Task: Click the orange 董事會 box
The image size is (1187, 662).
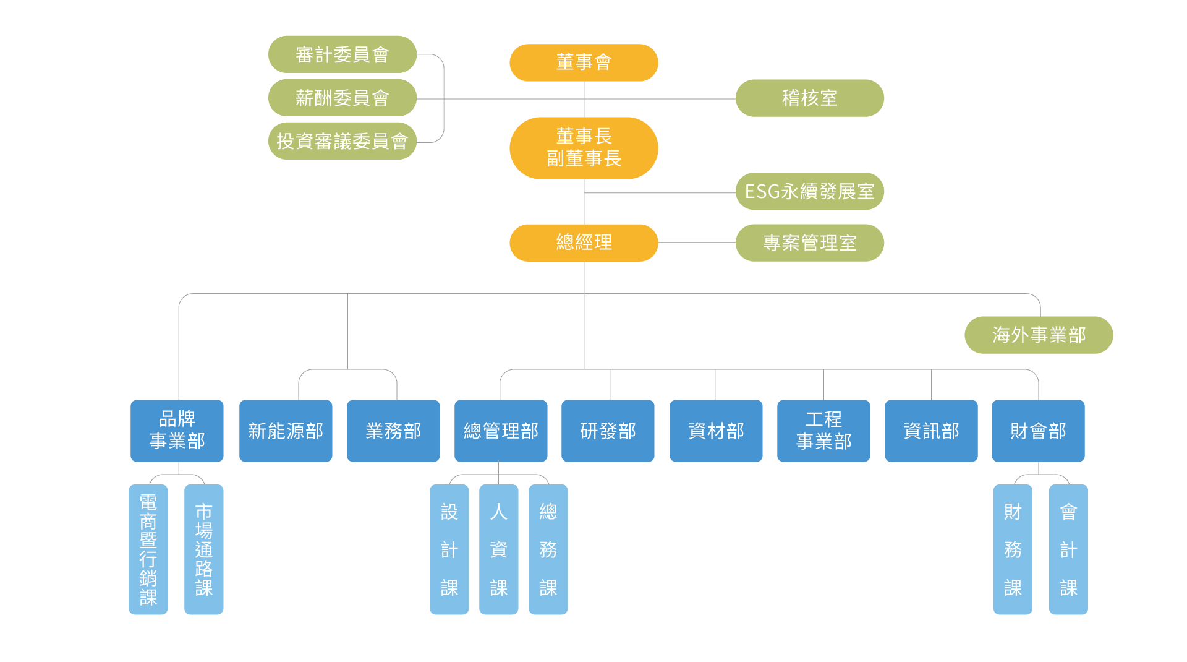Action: click(x=584, y=62)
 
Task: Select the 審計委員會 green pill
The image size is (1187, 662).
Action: click(x=342, y=54)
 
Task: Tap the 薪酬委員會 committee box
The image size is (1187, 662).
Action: click(x=342, y=98)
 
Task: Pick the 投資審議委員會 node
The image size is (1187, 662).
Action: click(x=342, y=141)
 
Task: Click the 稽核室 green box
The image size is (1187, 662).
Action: click(x=809, y=98)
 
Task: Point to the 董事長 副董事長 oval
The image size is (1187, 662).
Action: click(x=584, y=148)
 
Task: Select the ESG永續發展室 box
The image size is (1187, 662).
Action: click(x=809, y=191)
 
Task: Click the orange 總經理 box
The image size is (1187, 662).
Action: click(x=584, y=243)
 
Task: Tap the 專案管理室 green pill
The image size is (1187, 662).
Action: click(x=809, y=243)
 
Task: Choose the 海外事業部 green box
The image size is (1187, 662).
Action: click(x=1039, y=335)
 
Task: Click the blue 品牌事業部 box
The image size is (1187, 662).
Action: click(x=177, y=431)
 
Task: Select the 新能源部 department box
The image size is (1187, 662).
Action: click(x=286, y=431)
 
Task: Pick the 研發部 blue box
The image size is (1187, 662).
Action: click(x=608, y=431)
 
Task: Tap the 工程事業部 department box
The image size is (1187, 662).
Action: click(x=823, y=431)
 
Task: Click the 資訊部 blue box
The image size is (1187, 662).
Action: click(x=931, y=431)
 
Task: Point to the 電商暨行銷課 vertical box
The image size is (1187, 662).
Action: click(x=148, y=549)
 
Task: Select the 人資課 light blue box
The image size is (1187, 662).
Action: click(x=498, y=549)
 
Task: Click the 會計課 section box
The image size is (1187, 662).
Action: click(x=1068, y=549)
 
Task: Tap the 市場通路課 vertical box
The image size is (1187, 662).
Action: click(x=204, y=549)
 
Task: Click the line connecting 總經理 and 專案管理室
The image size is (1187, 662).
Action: click(x=697, y=243)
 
